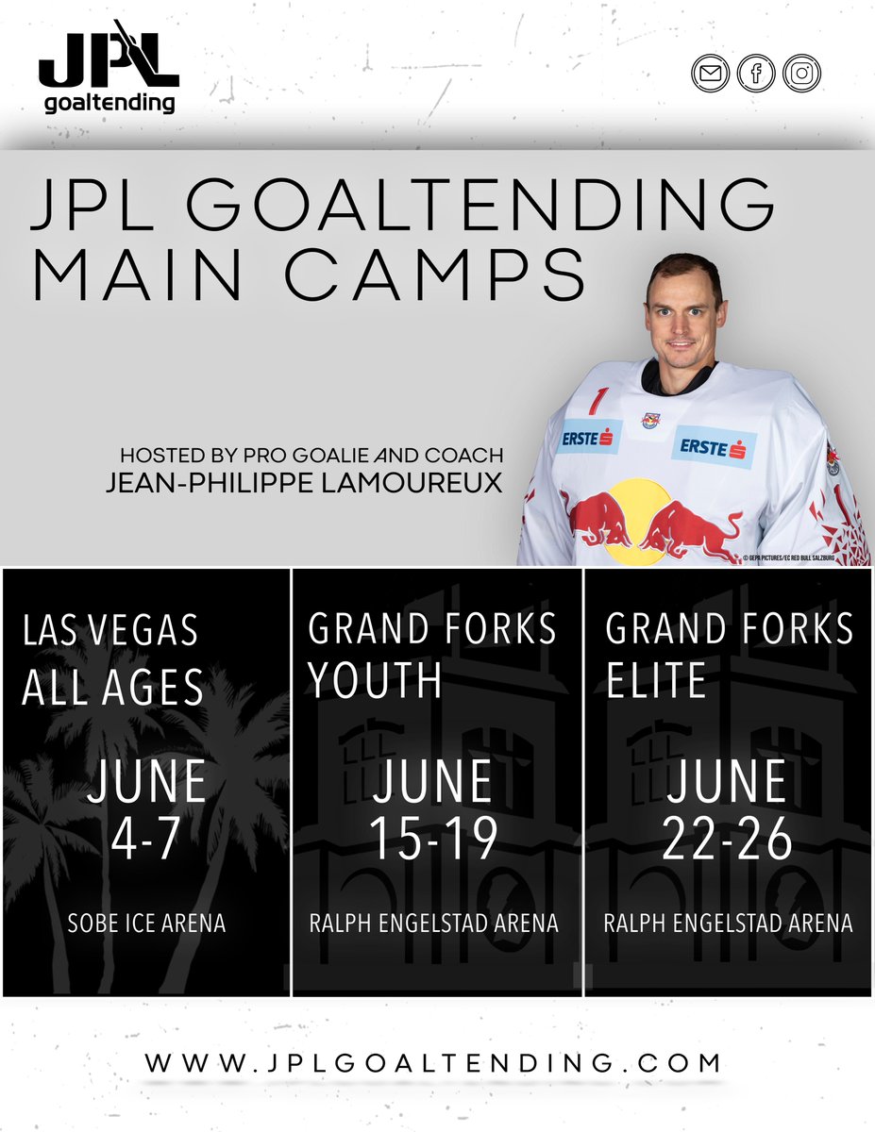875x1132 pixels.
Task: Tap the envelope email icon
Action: click(x=708, y=73)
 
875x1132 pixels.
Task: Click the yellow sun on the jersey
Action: click(x=638, y=514)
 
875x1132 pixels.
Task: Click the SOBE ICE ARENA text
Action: click(x=146, y=924)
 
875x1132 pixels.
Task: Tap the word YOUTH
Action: click(x=375, y=679)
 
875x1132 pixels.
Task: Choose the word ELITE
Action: click(x=656, y=679)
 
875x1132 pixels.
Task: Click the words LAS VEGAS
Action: click(x=110, y=629)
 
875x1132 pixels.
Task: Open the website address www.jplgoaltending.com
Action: click(x=435, y=1063)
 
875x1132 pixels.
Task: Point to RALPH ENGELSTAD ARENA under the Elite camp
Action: click(x=728, y=924)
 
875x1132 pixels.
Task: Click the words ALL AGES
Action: click(x=113, y=689)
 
